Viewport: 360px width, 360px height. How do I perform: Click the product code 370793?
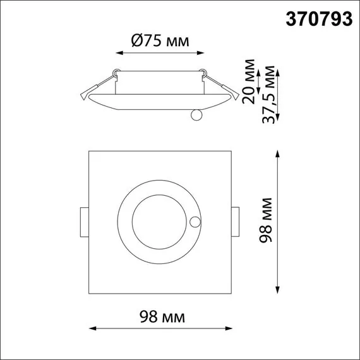tap(319, 20)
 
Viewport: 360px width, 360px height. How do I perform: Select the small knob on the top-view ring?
tap(196, 222)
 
